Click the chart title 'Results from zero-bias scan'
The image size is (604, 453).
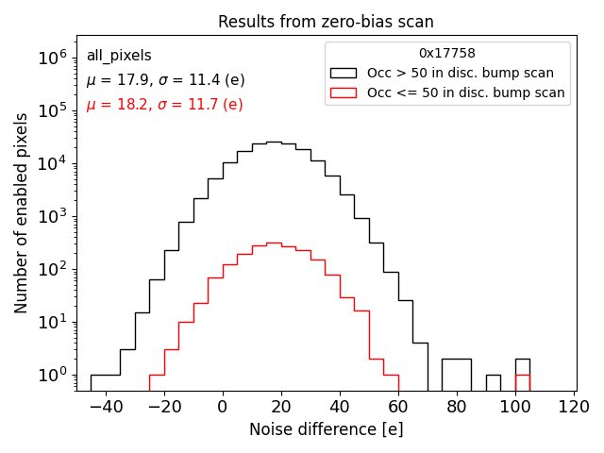coord(326,22)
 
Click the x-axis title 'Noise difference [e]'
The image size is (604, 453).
coord(326,429)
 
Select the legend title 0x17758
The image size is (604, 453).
coord(447,53)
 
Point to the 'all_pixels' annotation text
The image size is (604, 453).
coord(119,56)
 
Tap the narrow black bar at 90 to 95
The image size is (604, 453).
coord(494,383)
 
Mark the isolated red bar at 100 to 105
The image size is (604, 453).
coord(522,383)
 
